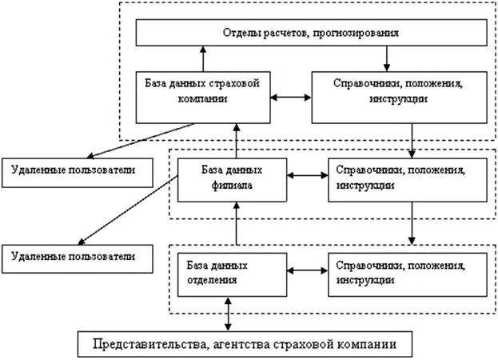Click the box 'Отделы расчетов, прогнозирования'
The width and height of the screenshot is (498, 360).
[x=310, y=34]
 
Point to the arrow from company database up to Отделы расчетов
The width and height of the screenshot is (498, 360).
[x=203, y=58]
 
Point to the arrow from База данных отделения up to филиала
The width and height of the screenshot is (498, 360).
[x=237, y=223]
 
